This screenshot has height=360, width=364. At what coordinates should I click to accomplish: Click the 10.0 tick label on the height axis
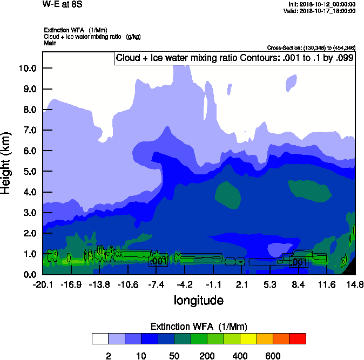point(27,68)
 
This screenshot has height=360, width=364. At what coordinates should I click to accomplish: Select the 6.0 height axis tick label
point(29,151)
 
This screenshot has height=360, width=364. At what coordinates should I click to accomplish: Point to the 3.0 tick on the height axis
point(29,213)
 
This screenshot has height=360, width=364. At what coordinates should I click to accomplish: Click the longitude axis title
point(198,300)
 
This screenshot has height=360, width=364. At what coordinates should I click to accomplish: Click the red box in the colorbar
point(298,338)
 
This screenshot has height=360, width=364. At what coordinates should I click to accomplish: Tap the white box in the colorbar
point(100,338)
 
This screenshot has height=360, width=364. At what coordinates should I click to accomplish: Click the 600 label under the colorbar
point(273,356)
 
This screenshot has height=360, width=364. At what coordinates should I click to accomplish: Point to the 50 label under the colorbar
point(174,356)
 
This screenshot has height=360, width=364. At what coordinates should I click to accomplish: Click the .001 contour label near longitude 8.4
point(299,262)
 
